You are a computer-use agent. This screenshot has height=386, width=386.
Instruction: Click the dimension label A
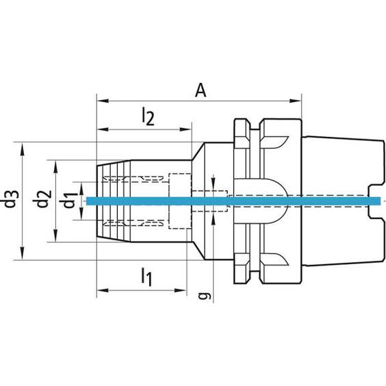click(x=201, y=90)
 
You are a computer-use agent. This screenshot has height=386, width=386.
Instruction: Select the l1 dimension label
click(x=146, y=277)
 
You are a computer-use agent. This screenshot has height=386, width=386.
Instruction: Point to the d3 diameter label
click(x=12, y=199)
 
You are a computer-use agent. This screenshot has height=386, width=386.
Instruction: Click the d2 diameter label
click(x=42, y=199)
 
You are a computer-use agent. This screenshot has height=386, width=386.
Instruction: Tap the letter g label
click(x=204, y=296)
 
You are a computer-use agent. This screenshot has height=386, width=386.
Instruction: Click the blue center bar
click(x=233, y=201)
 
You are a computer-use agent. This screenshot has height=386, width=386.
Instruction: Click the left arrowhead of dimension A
click(x=103, y=101)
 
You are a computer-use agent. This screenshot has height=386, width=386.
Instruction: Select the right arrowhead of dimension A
click(x=295, y=101)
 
